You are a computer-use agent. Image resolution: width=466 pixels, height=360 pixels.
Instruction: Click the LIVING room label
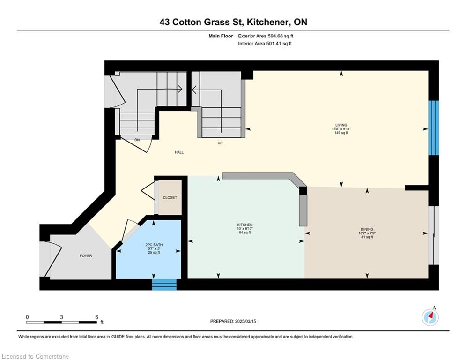[341, 125]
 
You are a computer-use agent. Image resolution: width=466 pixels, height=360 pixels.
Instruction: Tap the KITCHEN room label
[244, 225]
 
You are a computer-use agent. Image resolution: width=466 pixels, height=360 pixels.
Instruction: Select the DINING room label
[367, 229]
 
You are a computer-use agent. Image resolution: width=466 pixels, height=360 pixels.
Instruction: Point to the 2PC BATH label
[154, 245]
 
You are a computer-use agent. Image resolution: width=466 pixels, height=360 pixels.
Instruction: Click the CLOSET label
[170, 197]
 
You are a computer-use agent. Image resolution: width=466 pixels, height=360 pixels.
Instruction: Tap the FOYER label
[86, 256]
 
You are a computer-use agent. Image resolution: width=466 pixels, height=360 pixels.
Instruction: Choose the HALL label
[179, 152]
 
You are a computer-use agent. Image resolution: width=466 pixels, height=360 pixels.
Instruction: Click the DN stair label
[137, 140]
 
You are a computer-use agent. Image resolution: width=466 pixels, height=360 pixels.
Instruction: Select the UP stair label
[220, 143]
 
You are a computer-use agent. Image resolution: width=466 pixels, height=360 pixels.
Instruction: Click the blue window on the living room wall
[434, 128]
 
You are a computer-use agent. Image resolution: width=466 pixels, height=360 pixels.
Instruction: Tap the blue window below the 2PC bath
[164, 285]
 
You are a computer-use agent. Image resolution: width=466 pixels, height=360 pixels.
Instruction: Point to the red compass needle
[431, 315]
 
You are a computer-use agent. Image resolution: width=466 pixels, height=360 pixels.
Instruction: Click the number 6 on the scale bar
[96, 317]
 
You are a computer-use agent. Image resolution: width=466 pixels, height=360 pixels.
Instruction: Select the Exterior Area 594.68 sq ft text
[266, 36]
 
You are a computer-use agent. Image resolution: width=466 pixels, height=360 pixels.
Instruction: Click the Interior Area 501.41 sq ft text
[265, 44]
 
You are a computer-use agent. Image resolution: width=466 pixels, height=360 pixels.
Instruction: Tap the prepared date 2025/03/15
[245, 321]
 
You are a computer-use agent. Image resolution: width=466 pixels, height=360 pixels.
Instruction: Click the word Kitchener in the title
[267, 22]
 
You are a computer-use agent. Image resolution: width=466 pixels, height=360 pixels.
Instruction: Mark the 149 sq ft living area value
[341, 133]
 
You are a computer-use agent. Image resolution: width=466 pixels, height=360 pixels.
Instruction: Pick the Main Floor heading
[221, 36]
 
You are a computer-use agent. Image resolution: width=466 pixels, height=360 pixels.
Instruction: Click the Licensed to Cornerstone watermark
[35, 356]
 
